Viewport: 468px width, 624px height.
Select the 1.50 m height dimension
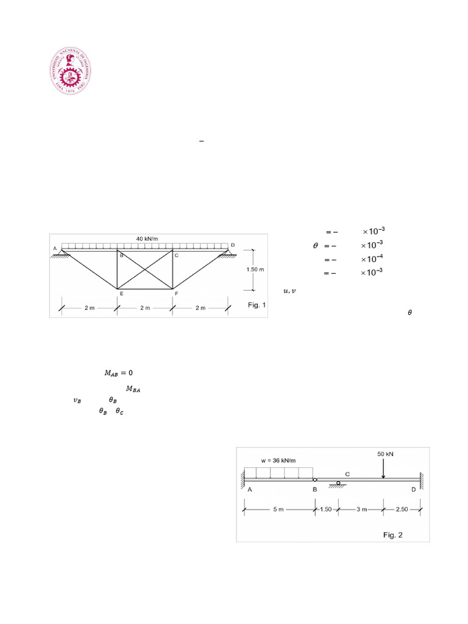click(x=255, y=269)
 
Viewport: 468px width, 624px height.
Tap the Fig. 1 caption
click(x=257, y=305)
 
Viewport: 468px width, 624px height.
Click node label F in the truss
click(x=177, y=293)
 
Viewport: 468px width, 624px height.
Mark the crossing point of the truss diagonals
click(x=144, y=269)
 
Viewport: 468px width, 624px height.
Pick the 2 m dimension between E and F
click(x=144, y=308)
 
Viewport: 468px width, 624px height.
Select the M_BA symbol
click(x=133, y=389)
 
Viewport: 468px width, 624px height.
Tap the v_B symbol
click(x=76, y=400)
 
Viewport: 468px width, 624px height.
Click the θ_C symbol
click(x=119, y=411)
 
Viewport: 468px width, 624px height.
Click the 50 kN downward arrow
click(x=382, y=469)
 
